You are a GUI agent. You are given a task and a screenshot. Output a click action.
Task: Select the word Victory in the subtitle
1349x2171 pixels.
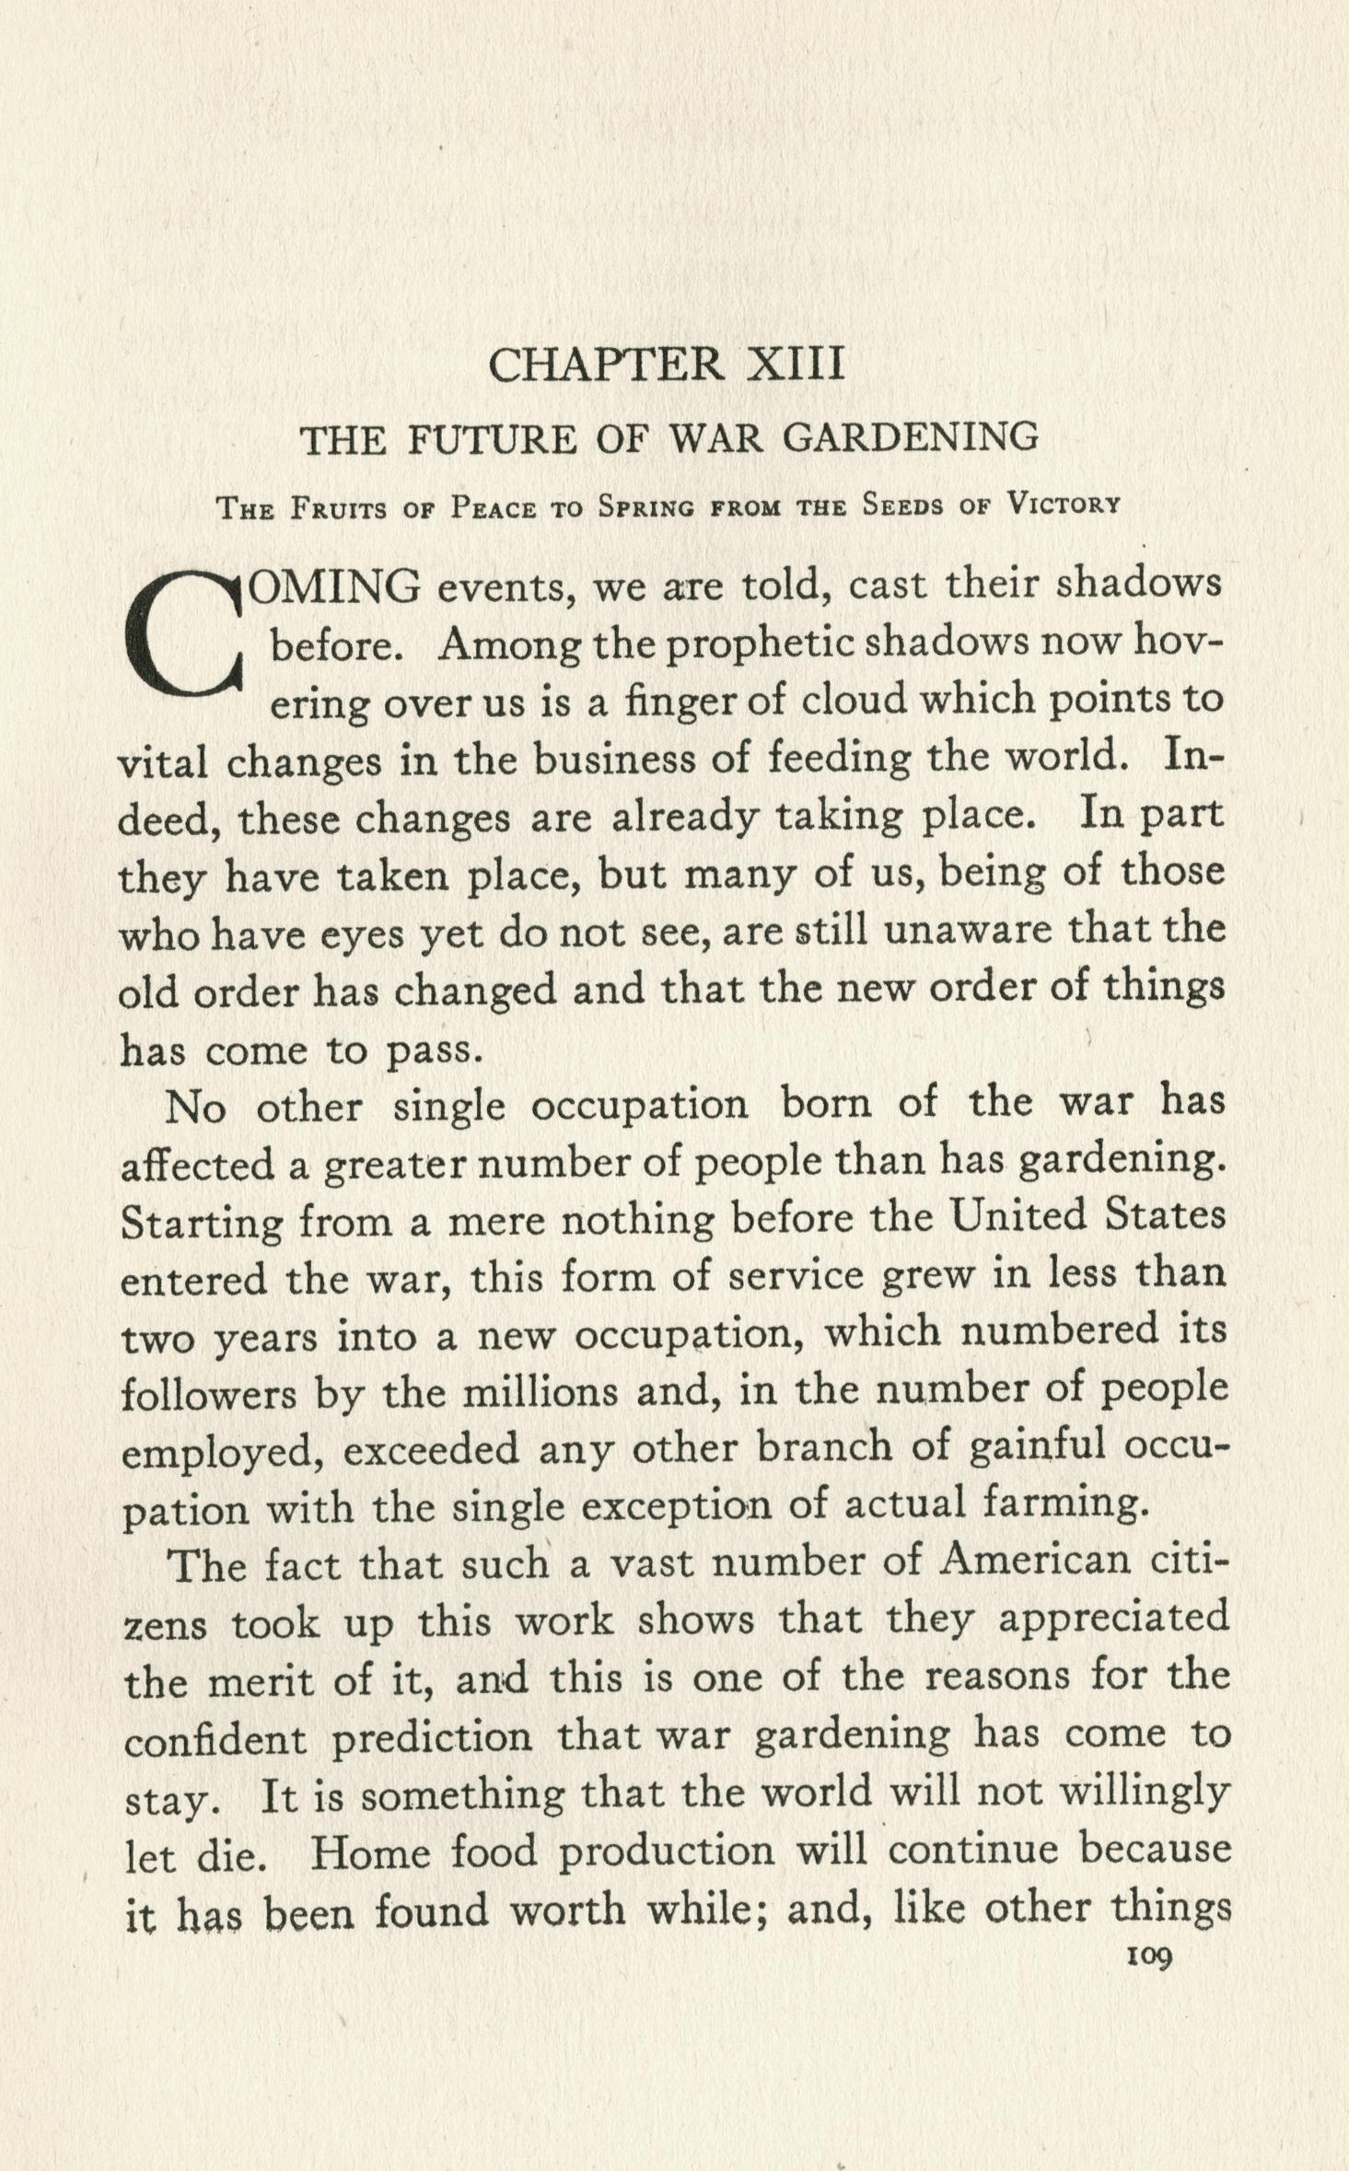1064,505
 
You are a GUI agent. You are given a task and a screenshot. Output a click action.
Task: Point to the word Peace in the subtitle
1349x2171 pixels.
494,507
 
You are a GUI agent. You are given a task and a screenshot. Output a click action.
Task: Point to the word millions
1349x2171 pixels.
540,1391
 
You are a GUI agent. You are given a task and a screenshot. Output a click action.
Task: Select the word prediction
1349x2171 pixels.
432,1738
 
